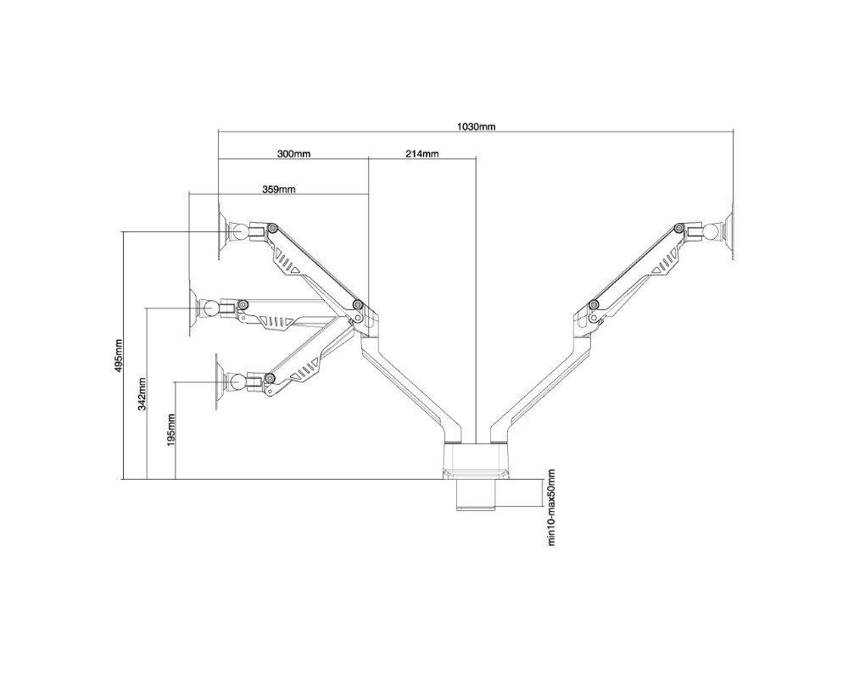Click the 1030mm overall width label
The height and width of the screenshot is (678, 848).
click(476, 127)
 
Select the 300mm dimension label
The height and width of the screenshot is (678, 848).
click(293, 153)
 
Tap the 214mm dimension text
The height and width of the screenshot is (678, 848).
click(421, 153)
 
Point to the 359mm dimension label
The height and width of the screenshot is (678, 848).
click(278, 189)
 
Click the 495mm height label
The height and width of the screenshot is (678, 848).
click(119, 355)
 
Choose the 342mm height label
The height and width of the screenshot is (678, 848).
click(142, 394)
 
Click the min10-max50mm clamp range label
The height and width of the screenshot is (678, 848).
click(552, 507)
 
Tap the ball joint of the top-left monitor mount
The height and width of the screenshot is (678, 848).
click(239, 231)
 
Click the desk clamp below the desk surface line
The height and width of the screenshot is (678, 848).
click(476, 494)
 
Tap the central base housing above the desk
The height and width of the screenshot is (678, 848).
click(476, 461)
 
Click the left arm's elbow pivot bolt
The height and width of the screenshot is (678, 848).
click(357, 305)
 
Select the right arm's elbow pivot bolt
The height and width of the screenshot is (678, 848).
click(594, 304)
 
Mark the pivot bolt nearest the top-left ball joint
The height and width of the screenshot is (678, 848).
click(273, 228)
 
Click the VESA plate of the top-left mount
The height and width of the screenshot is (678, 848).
click(221, 231)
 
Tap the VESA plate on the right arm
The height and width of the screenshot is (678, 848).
click(729, 232)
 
